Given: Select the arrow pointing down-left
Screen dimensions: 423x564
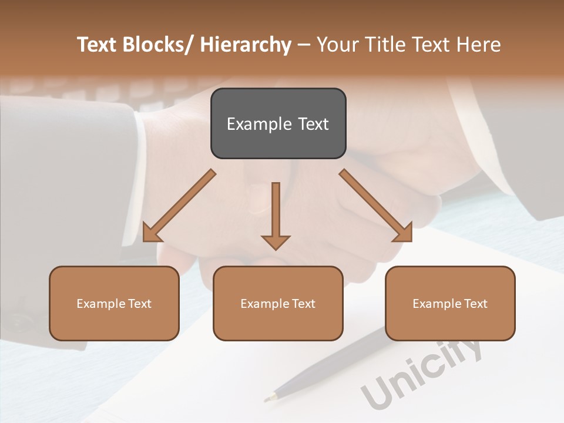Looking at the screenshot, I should pyautogui.click(x=179, y=206).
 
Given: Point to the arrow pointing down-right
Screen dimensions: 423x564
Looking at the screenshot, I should pyautogui.click(x=376, y=206).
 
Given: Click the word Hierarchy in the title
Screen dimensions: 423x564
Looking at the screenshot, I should pyautogui.click(x=246, y=45).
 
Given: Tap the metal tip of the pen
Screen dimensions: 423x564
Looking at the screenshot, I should pyautogui.click(x=271, y=398).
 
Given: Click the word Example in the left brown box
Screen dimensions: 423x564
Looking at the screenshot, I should pyautogui.click(x=101, y=304).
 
